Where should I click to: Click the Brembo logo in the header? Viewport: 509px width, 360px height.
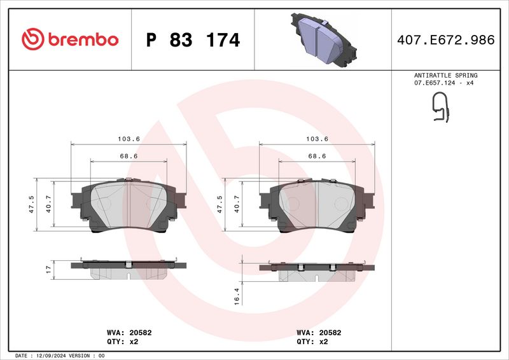[x=70, y=39]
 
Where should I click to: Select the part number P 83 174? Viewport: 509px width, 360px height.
[x=193, y=40]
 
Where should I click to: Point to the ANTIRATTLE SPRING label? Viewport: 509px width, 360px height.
[x=445, y=75]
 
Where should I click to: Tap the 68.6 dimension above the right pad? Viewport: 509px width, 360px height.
[x=317, y=156]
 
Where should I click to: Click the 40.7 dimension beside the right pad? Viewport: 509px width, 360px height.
[x=237, y=204]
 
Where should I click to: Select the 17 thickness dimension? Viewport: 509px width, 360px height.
[x=48, y=270]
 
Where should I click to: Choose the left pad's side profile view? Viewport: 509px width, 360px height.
[x=129, y=269]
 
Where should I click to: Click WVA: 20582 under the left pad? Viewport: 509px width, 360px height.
[x=129, y=332]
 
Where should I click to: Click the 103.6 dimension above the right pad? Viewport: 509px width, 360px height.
[x=317, y=139]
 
